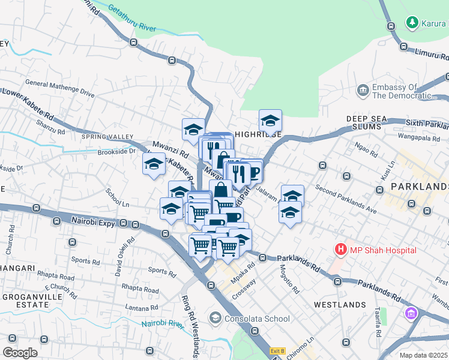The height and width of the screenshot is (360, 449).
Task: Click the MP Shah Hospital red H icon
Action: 341,248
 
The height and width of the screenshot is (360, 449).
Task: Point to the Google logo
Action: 20,352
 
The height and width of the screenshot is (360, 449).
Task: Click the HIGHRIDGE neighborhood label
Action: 258,135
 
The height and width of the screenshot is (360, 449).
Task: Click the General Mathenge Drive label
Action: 60,88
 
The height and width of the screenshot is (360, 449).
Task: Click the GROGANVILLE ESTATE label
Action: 25,301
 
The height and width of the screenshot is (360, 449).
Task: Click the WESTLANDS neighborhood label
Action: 340,305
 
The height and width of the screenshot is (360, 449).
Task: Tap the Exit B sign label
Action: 277,351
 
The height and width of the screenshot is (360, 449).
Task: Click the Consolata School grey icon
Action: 215,317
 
